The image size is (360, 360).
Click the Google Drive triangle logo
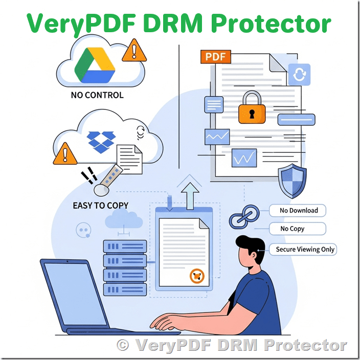95,65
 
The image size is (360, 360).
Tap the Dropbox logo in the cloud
101,142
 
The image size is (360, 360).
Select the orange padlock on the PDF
252,107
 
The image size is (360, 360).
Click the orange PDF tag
216,56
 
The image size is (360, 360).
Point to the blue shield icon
292,181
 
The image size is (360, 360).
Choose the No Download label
298,210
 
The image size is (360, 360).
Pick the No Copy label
298,229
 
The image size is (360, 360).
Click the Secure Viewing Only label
303,250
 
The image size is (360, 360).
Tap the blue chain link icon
244,217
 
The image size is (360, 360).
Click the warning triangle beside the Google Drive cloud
134,51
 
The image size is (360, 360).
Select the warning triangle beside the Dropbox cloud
65,154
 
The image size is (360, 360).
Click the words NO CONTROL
97,95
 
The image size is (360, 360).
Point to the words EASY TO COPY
101,206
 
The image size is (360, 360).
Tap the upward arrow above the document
190,196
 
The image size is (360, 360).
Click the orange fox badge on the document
197,276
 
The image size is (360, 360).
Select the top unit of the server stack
125,246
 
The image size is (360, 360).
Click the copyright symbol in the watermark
123,345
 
